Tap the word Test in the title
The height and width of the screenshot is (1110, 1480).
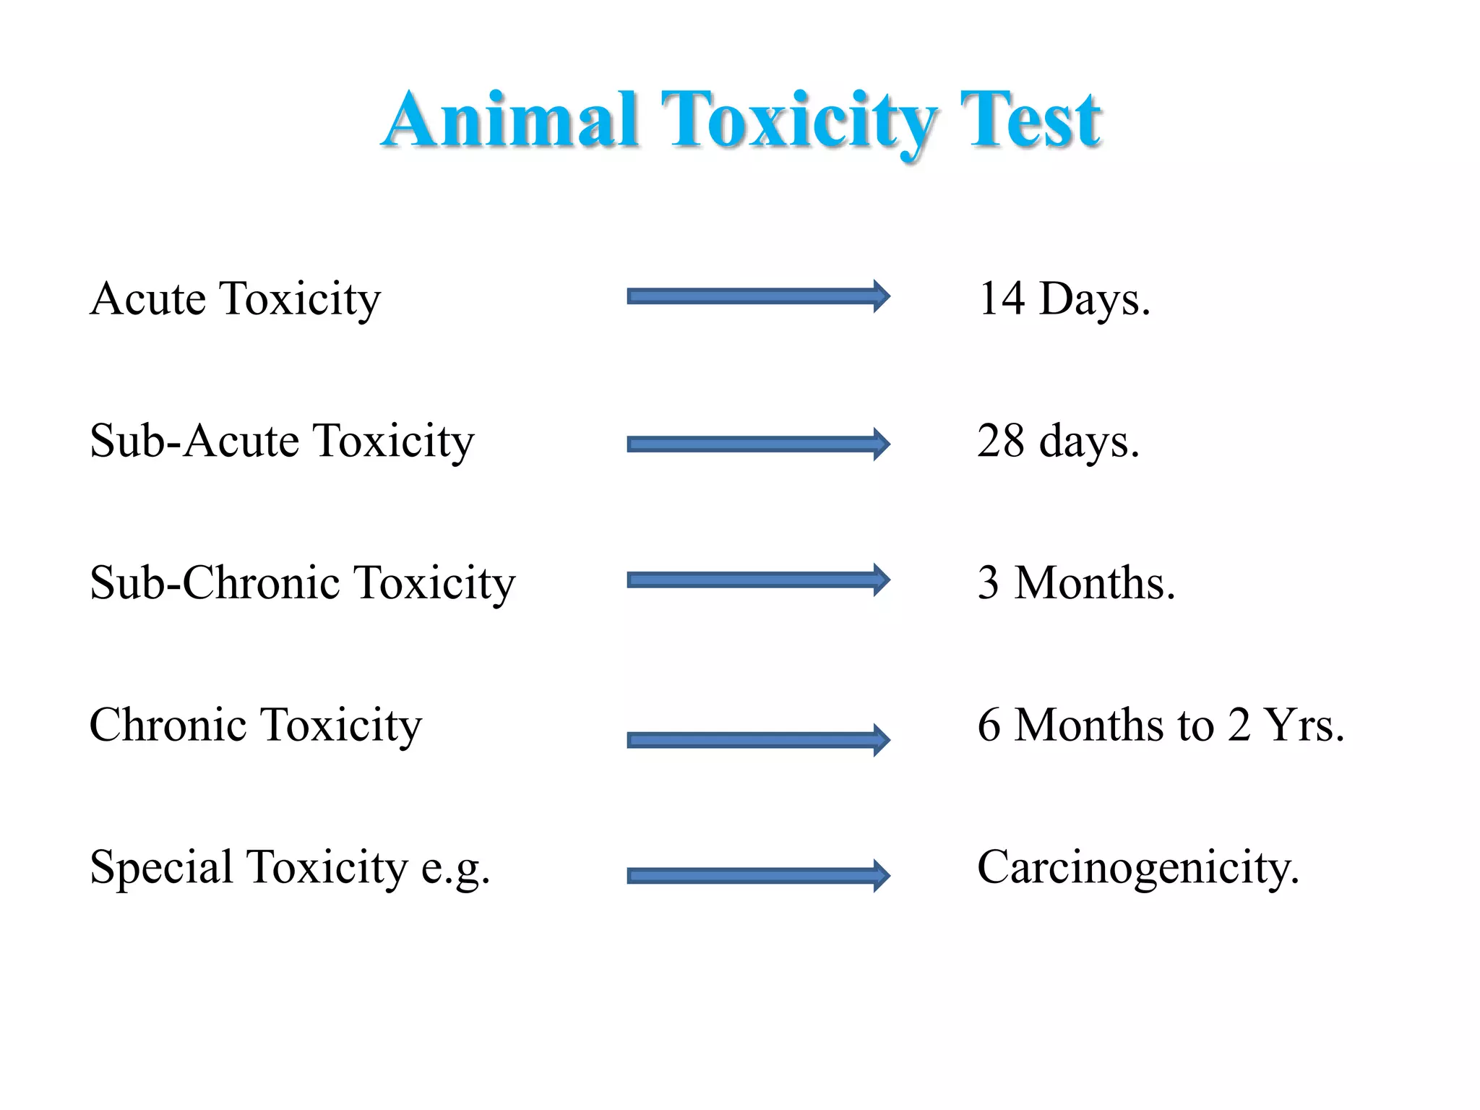[1030, 120]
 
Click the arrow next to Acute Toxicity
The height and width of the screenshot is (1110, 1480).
[758, 296]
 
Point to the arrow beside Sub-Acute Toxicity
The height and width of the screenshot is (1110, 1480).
[758, 444]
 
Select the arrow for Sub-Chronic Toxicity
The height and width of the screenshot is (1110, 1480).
[758, 580]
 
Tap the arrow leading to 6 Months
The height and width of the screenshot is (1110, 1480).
[758, 739]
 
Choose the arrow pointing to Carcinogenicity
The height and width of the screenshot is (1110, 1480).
[758, 876]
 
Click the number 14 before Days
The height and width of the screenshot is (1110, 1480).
[1002, 298]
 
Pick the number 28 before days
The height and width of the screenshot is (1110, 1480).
[1001, 440]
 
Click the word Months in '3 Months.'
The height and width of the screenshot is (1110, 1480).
[1094, 582]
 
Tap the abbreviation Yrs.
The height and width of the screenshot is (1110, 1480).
[1303, 725]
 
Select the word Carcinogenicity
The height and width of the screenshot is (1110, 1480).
[1137, 867]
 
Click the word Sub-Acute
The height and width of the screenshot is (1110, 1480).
[194, 440]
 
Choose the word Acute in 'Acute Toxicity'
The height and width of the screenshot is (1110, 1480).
[148, 298]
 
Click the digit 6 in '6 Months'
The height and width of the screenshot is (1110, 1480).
[989, 725]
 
